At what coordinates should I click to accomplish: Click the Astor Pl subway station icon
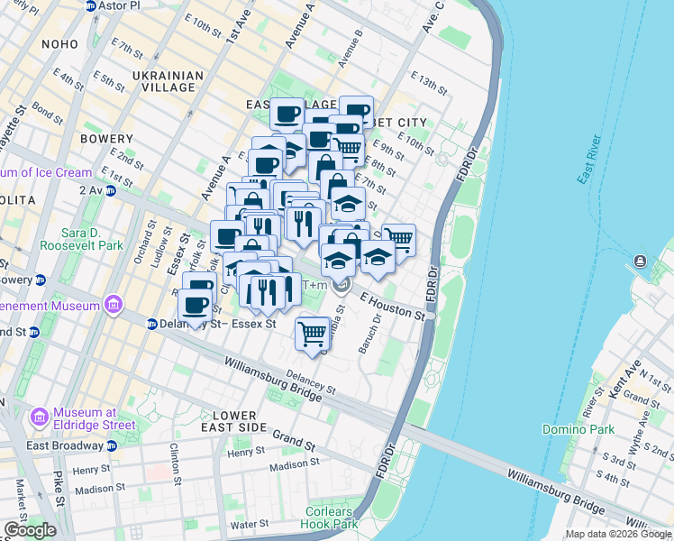[x=91, y=5]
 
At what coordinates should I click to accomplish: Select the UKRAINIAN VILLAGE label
[x=163, y=81]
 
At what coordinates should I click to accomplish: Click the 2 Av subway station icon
[x=110, y=190]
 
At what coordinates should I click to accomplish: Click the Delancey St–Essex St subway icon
[x=152, y=324]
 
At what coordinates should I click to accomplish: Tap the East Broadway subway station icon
[x=111, y=445]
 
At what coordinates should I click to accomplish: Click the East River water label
[x=588, y=159]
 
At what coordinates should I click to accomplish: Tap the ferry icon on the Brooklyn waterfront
[x=640, y=261]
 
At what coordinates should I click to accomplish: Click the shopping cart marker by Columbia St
[x=312, y=334]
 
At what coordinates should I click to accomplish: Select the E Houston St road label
[x=392, y=305]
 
